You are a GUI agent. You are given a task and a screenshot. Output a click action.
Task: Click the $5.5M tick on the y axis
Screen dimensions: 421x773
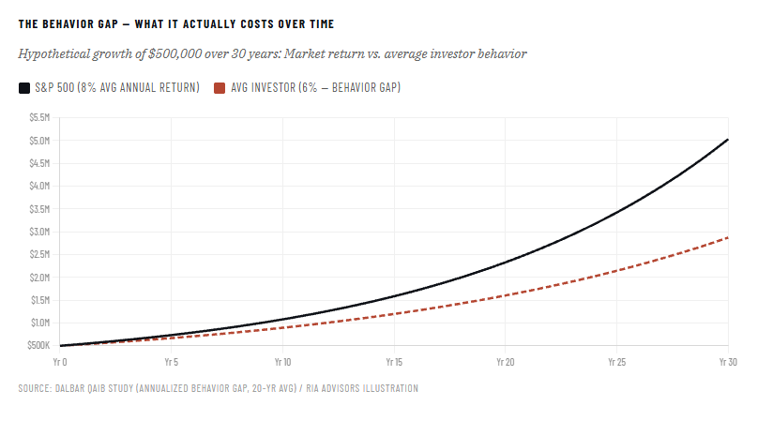[38, 117]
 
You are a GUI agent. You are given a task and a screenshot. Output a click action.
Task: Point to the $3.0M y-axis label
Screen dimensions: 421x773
[38, 232]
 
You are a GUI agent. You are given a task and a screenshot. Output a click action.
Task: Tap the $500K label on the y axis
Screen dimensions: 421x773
[38, 346]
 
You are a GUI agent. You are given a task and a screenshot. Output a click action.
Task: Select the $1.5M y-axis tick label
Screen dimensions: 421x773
[38, 300]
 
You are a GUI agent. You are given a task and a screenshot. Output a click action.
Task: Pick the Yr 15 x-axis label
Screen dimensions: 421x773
[394, 361]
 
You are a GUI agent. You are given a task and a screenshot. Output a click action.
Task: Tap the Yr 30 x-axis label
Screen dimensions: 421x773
[724, 361]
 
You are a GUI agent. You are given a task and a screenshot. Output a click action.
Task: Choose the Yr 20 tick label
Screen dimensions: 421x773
[505, 361]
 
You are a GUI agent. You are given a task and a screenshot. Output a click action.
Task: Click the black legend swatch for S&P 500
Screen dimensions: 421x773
[24, 88]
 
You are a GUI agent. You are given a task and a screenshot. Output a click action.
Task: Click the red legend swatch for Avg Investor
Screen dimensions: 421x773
[220, 88]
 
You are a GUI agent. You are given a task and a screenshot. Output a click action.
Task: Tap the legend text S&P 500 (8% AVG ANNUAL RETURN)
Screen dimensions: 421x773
[116, 88]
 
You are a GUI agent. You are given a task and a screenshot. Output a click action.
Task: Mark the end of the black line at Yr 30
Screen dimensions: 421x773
[728, 140]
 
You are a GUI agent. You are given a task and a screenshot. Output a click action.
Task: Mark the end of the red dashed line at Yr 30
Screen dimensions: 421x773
[728, 237]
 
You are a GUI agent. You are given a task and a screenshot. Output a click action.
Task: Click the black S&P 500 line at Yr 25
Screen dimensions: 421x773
[616, 212]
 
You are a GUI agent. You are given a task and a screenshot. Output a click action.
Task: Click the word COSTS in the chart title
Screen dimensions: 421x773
[257, 23]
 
